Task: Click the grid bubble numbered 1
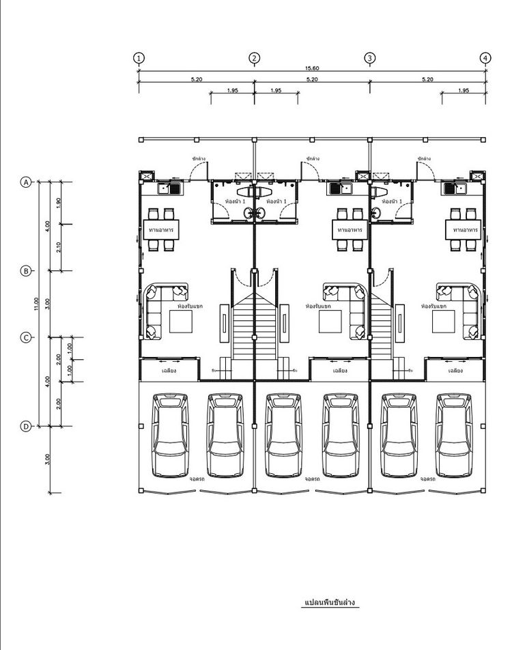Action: (139, 58)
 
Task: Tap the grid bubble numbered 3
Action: (369, 58)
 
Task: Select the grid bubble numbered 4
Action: (485, 58)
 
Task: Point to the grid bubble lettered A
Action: (26, 182)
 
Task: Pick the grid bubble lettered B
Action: (26, 271)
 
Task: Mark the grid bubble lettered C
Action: (26, 337)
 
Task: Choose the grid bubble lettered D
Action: (26, 426)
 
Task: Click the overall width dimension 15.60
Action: (312, 68)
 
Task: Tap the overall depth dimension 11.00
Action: (36, 304)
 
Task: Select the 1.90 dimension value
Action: (59, 203)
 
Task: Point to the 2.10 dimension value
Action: (59, 247)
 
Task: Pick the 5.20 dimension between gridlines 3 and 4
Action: (427, 79)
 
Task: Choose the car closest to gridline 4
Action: (455, 435)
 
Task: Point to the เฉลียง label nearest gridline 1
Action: (170, 371)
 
